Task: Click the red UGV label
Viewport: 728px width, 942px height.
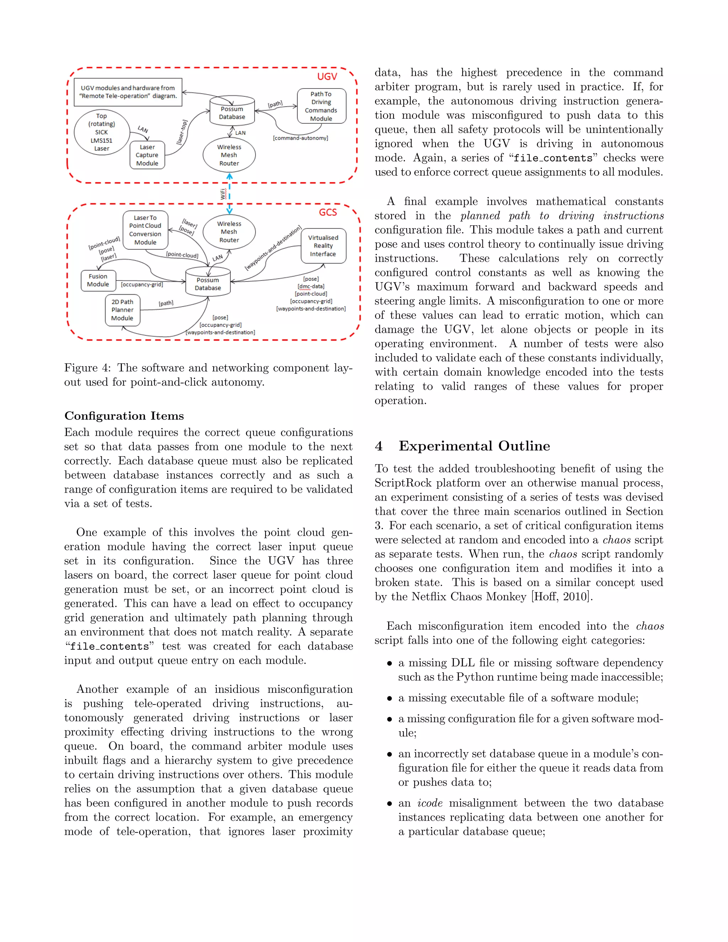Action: click(327, 76)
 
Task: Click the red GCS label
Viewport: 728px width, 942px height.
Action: click(328, 212)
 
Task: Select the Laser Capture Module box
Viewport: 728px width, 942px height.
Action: click(147, 155)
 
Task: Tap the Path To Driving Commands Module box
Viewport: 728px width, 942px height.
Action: click(321, 106)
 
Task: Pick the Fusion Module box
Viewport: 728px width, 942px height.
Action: click(98, 280)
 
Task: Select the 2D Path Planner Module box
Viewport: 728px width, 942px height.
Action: click(123, 310)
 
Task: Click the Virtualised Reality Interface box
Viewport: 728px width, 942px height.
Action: click(323, 246)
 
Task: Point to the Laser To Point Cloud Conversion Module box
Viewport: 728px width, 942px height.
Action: click(145, 230)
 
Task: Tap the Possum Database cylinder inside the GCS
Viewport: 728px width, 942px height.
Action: click(208, 283)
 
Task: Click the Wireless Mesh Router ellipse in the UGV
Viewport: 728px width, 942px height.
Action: click(229, 155)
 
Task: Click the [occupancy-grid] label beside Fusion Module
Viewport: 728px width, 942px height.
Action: click(142, 285)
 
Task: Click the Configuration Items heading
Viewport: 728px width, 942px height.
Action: click(124, 416)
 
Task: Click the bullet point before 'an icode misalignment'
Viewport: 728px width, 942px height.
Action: click(390, 804)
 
